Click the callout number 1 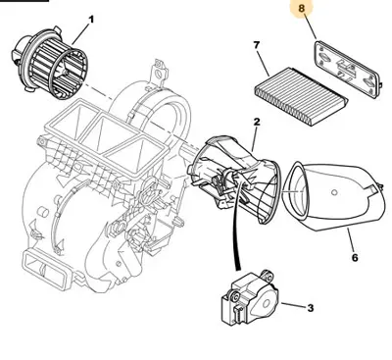[91, 20]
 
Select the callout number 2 [256, 121]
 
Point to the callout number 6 [355, 258]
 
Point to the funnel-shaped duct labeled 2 [240, 177]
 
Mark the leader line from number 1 [73, 26]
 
